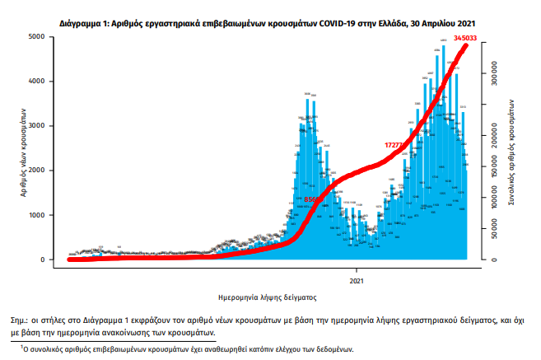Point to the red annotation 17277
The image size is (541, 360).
(x=397, y=145)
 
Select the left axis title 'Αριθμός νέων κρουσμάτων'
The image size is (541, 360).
(x=18, y=152)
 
